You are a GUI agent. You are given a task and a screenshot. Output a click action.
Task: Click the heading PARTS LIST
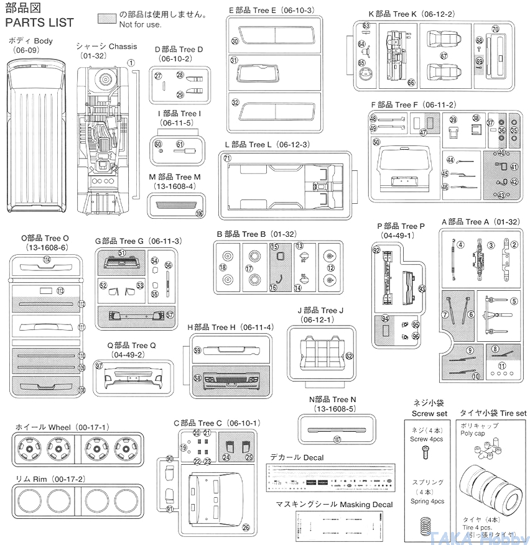coord(39,22)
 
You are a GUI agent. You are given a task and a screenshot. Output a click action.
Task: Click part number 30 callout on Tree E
coord(235,41)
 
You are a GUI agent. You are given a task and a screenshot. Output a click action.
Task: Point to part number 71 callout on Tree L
coord(228,159)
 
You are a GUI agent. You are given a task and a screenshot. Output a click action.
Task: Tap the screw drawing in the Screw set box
coord(427,456)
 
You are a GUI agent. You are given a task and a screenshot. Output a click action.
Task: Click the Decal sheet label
coord(296,457)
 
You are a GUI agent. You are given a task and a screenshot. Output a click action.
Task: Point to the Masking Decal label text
coord(335,505)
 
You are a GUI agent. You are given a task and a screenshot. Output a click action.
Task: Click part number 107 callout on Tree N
coord(337,439)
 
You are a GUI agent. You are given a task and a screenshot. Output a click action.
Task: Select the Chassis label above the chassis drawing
coord(106,47)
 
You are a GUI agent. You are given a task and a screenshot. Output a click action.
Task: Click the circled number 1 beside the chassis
coord(131,62)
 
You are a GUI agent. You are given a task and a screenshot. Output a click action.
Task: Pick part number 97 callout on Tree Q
coord(98,365)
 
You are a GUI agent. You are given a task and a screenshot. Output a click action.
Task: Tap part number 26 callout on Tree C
coord(246,528)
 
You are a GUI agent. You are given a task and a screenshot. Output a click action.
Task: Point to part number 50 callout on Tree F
coord(376,142)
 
